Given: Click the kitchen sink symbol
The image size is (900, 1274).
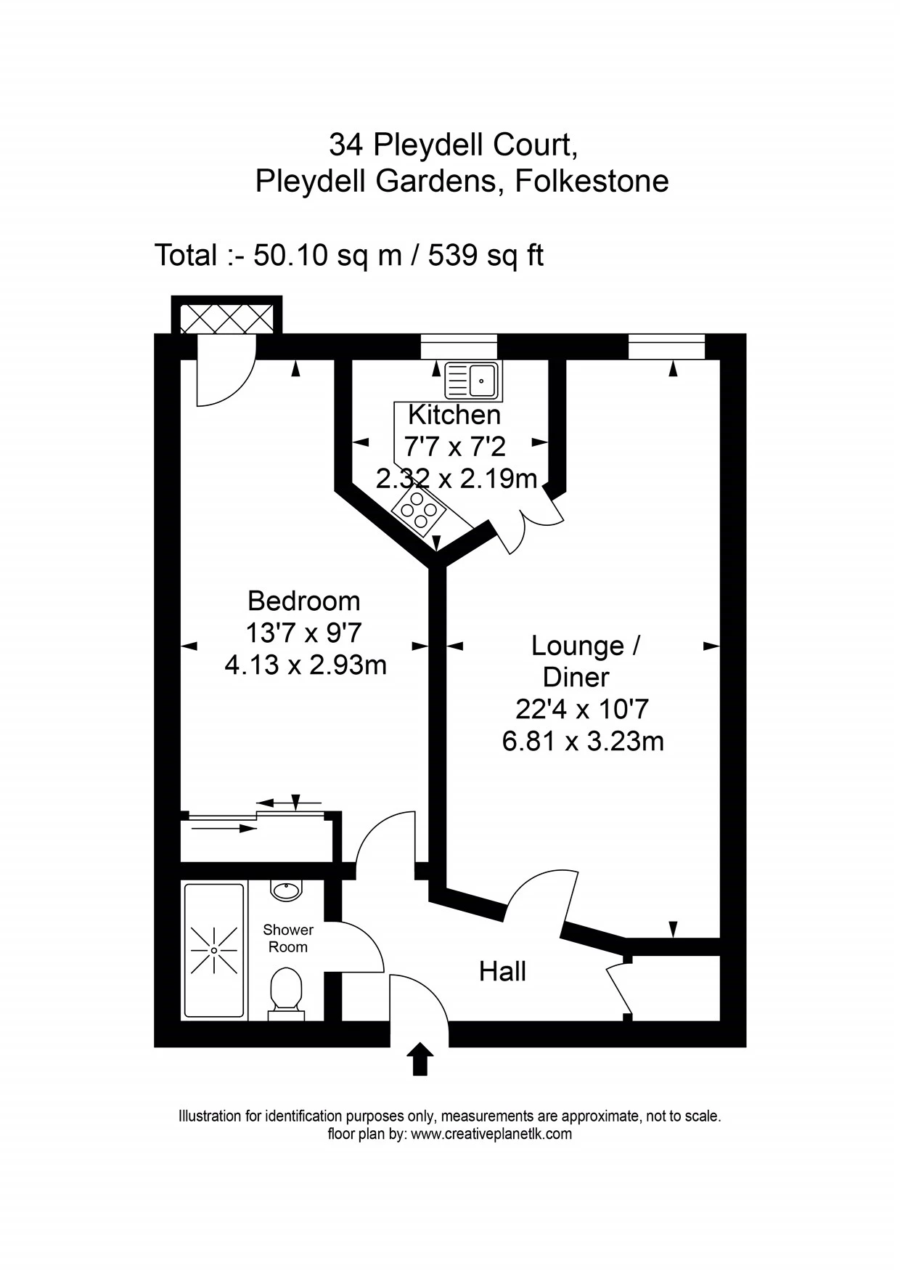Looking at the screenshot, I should click(472, 380).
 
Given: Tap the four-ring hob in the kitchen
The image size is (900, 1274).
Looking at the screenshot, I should click(419, 508).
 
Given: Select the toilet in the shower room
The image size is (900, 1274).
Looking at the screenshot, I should click(286, 991).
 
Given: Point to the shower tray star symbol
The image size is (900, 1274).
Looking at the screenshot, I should click(214, 950).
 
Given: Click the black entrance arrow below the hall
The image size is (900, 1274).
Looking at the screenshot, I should click(420, 1060).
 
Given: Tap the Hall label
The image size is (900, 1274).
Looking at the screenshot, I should click(502, 971).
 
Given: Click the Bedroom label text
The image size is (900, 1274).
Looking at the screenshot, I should click(303, 601).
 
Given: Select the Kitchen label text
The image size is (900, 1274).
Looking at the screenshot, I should click(454, 415).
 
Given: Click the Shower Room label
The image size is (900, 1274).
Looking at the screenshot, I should click(288, 938).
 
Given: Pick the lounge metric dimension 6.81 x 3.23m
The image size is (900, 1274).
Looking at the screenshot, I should click(583, 742).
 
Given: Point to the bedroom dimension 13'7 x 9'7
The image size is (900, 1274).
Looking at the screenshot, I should click(303, 633).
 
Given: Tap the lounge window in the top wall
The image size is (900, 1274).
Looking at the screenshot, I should click(666, 346).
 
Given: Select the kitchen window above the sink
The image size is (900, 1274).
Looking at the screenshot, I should click(459, 346).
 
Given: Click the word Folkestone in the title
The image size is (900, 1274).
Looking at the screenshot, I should click(592, 181).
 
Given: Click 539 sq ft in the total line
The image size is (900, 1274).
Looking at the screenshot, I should click(486, 256).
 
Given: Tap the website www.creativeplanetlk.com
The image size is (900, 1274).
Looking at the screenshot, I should click(491, 1134).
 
